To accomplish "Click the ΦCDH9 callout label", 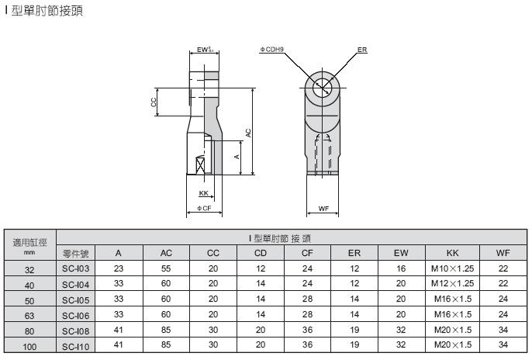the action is pos(271,50).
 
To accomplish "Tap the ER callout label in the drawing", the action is pos(362,50).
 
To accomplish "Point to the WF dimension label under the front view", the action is pos(323,209).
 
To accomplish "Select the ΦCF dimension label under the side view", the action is pos(204,209).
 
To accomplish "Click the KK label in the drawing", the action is pos(203,193).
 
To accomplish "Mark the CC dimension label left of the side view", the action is pos(154,102).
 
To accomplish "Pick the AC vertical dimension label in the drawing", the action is pos(248,133).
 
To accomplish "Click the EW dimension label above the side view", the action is pos(205,50).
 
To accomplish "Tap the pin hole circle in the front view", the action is pos(322,88).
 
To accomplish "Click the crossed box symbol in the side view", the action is pos(201,166).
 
